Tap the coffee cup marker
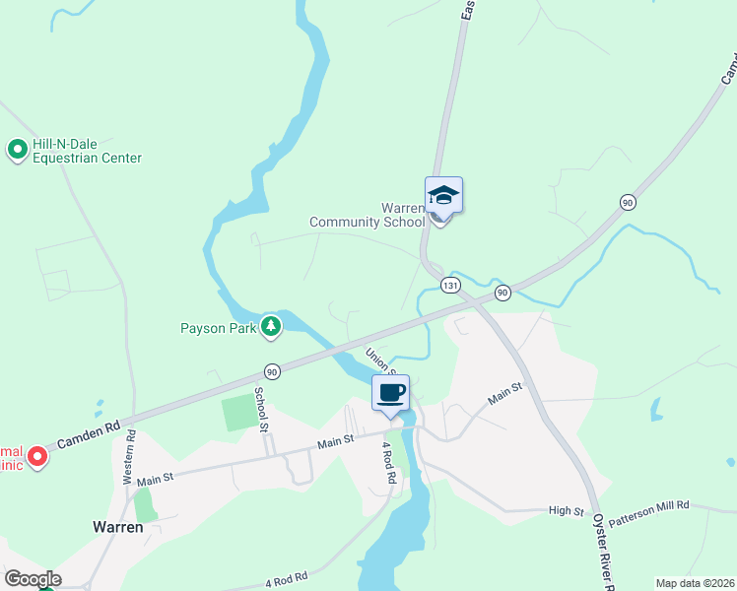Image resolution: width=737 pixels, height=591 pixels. tap(391, 393)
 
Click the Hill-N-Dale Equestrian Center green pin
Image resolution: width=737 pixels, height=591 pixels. tap(17, 150)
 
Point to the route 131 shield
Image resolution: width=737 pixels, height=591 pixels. tap(450, 285)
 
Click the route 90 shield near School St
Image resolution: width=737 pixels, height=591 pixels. tap(272, 371)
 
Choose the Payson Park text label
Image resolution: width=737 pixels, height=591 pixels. tap(218, 328)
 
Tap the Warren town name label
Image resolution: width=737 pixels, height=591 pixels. tap(118, 527)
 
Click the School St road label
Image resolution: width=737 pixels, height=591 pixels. tap(261, 409)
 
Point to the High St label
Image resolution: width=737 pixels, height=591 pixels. tap(567, 512)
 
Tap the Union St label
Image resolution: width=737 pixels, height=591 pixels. tap(380, 361)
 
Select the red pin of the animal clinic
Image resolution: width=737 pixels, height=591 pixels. tap(37, 456)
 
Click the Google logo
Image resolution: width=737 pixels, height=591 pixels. tap(33, 579)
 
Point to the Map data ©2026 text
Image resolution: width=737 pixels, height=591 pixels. tap(695, 583)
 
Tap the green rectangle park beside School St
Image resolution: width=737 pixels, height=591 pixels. tap(237, 413)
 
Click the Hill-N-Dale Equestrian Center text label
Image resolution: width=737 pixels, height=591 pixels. tap(87, 151)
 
